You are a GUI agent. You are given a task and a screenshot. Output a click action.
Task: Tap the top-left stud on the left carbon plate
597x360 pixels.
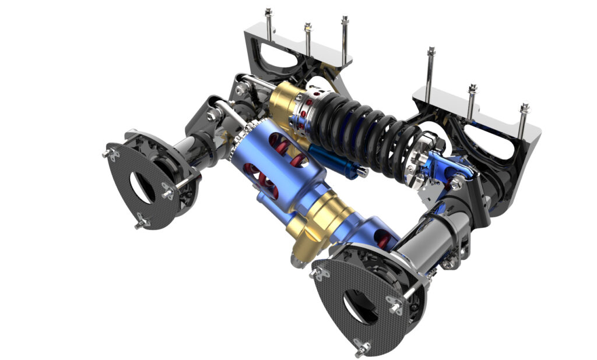(x=107, y=153)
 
